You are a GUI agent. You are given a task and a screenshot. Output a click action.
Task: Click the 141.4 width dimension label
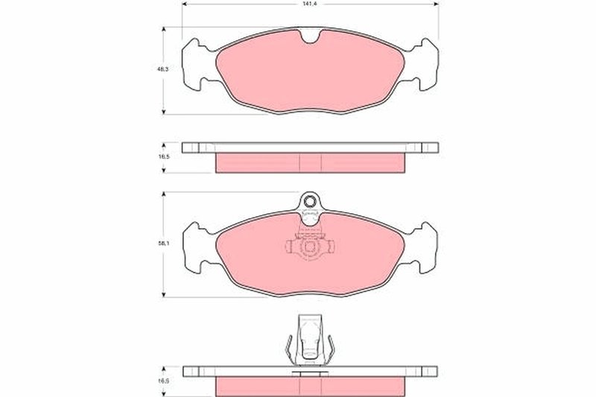point(306,4)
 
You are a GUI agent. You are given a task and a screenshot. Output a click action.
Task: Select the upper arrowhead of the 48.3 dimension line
point(164,30)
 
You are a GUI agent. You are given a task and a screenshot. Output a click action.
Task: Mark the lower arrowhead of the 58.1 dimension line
point(164,294)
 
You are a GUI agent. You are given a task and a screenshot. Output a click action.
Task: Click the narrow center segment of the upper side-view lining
point(309,162)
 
